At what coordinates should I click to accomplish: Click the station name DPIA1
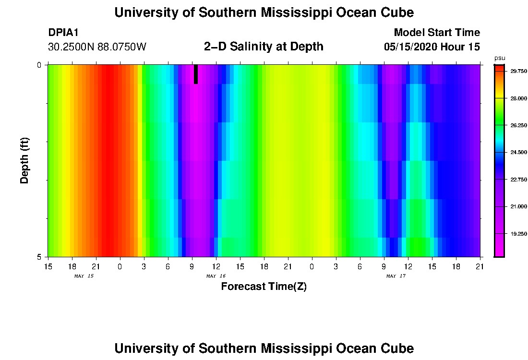point(63,33)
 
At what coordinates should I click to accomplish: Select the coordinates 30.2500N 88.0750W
point(97,47)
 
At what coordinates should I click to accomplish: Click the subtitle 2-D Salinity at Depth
point(264,47)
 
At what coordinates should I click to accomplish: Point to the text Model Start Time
point(436,33)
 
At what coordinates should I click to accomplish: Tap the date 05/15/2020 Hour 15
point(432,47)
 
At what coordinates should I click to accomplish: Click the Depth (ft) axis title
point(25,160)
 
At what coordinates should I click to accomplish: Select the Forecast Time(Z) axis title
point(264,287)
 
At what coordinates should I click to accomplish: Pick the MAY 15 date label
point(84,276)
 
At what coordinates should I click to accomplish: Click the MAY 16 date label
point(216,276)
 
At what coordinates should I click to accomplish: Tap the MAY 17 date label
point(396,276)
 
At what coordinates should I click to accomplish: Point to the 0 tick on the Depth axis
point(39,65)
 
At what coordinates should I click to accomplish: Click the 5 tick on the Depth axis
point(39,257)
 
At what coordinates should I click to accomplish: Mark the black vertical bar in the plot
point(196,74)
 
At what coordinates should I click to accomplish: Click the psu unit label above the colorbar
point(500,59)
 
